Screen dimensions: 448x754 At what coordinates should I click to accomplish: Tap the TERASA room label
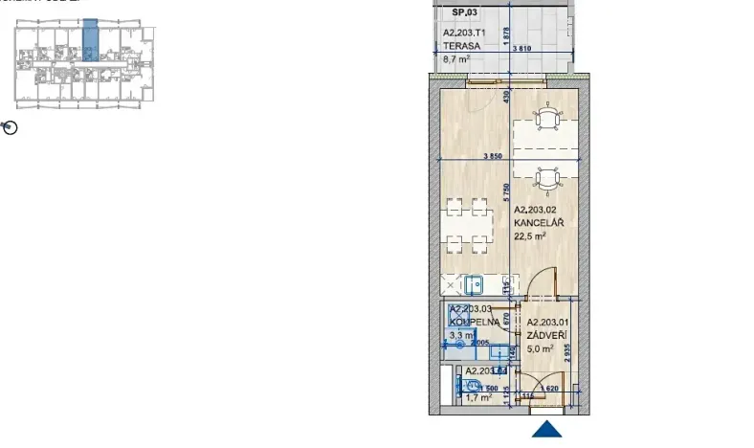pos(460,44)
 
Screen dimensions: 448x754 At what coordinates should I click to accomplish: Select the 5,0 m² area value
pos(540,349)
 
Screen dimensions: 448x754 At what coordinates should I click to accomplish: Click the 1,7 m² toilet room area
pos(478,397)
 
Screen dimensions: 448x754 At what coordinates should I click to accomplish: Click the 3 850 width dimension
pos(493,154)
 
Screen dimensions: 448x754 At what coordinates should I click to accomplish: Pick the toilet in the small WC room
pos(471,386)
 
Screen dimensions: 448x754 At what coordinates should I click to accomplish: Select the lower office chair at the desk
pos(546,178)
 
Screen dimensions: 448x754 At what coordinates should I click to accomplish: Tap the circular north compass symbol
pos(11,127)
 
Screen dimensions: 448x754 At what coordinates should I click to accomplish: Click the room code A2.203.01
pos(547,323)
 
